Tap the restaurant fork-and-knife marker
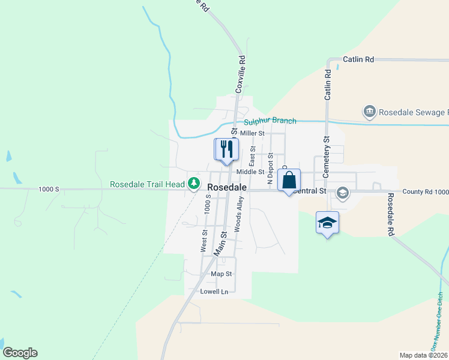pos(227,149)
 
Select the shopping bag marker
pos(289,180)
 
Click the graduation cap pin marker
pos(327,223)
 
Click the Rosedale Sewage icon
pos(369,112)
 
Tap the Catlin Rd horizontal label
pos(358,59)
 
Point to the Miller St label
pos(252,133)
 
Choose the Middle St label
pos(250,172)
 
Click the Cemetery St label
pos(327,156)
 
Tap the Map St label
pos(221,274)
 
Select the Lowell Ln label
pos(214,292)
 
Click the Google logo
pos(20,353)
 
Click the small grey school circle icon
pos(343,192)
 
